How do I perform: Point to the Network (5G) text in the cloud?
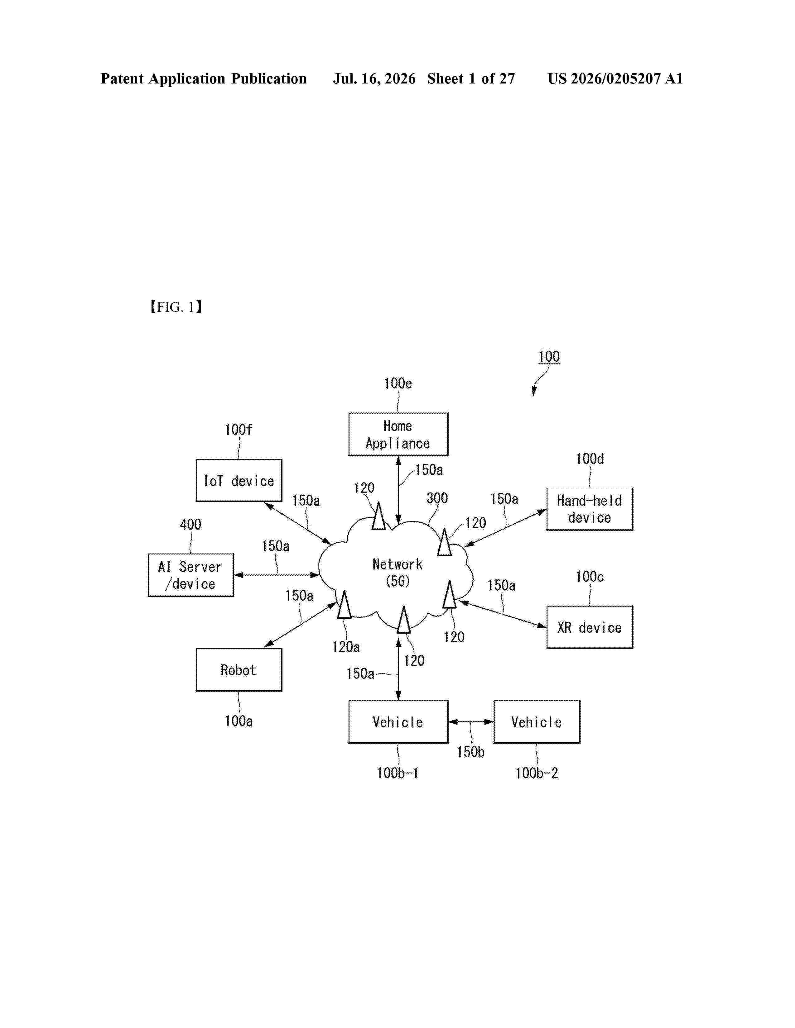click(x=397, y=572)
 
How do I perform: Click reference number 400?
click(x=190, y=524)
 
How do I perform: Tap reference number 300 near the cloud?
click(x=437, y=498)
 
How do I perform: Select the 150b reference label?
click(x=470, y=752)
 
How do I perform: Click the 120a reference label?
click(x=346, y=647)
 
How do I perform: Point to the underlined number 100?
click(x=549, y=356)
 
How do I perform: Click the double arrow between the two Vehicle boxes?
click(x=471, y=721)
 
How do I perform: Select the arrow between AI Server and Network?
click(x=277, y=575)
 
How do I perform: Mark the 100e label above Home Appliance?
click(x=398, y=383)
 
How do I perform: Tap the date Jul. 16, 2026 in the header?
click(x=374, y=79)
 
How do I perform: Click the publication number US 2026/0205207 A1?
click(x=615, y=79)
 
